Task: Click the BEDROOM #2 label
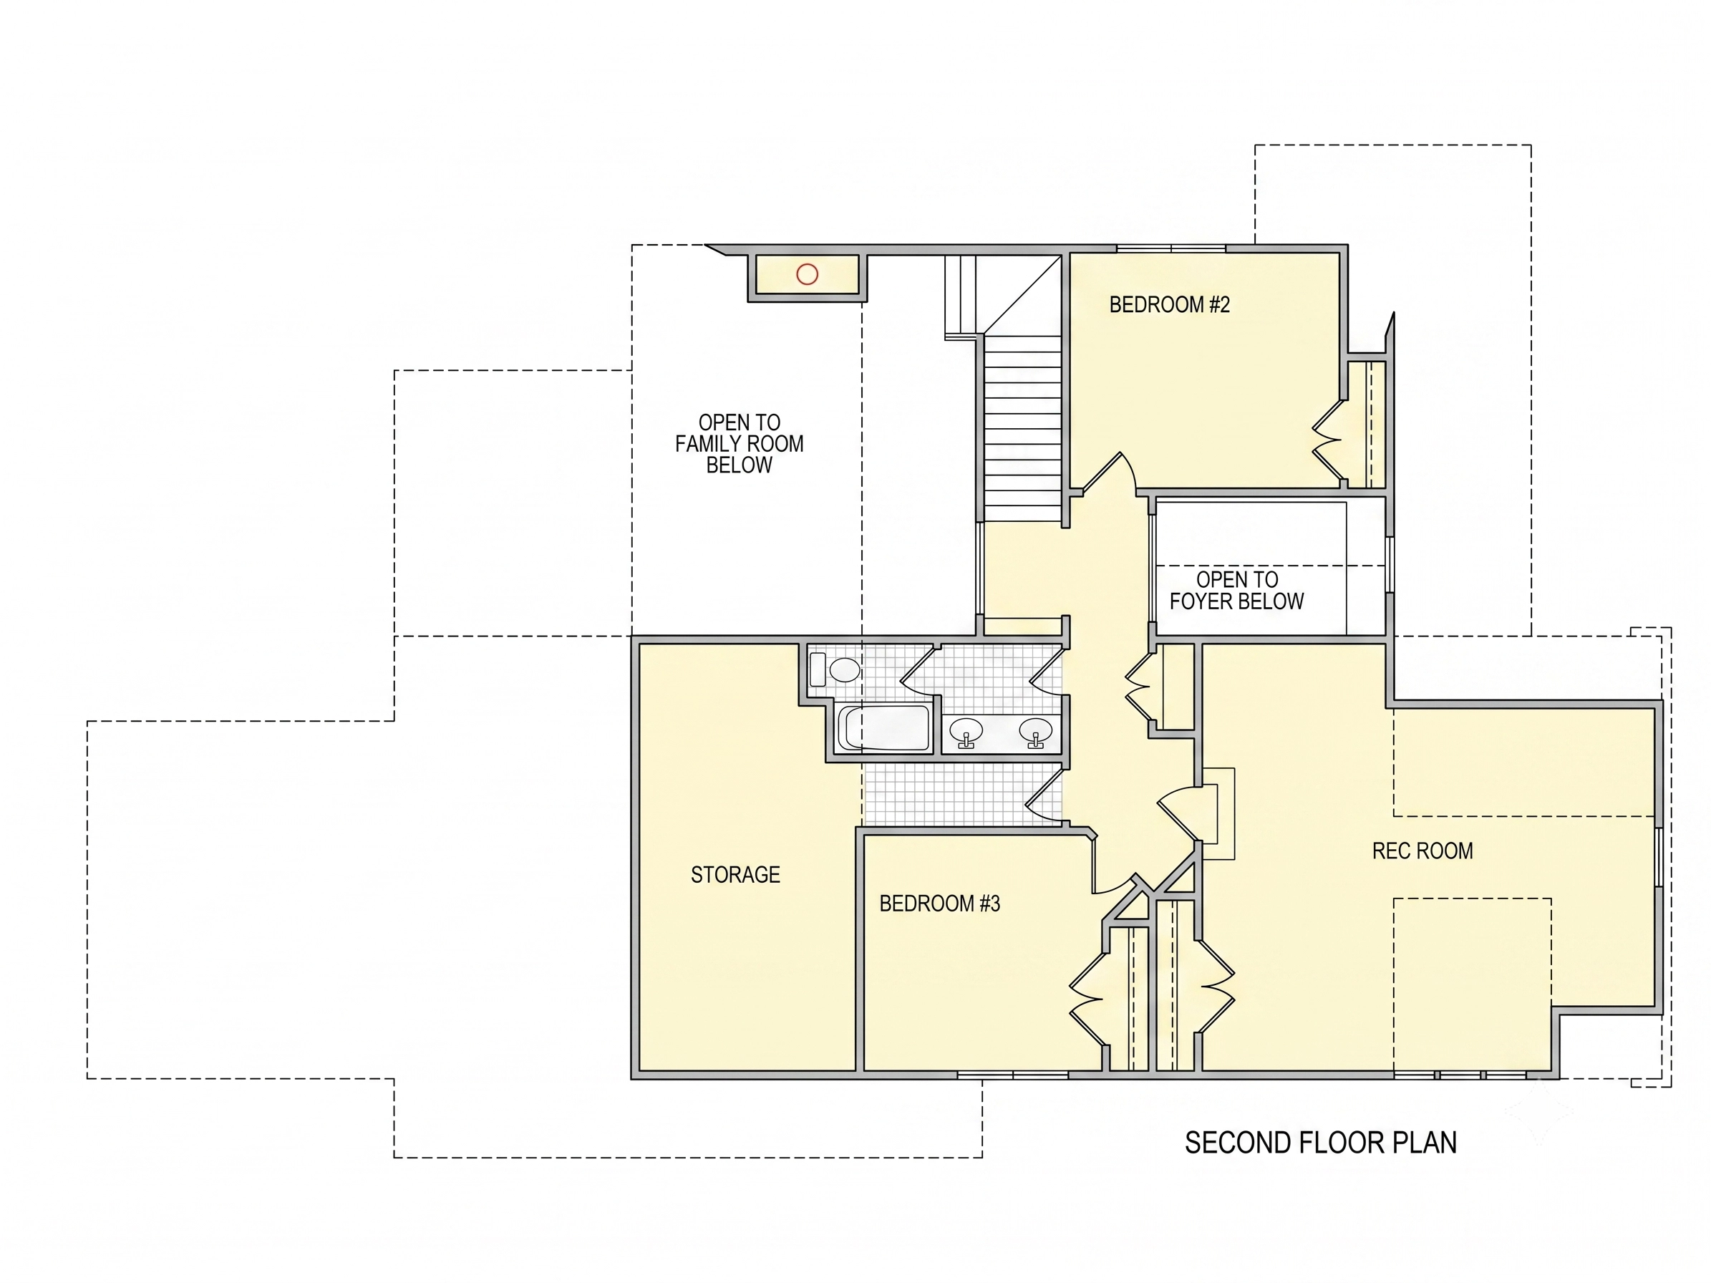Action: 1169,305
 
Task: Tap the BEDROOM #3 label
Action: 940,904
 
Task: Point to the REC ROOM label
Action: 1422,851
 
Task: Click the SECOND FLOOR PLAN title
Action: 1320,1142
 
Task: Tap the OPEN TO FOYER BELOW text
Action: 1237,590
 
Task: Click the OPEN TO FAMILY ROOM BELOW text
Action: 740,444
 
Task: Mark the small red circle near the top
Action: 807,273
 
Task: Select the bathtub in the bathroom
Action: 884,727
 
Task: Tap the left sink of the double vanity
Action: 966,732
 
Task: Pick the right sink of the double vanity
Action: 1036,732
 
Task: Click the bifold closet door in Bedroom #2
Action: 1328,440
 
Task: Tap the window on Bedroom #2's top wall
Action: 1171,248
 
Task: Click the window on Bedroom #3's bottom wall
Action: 1012,1075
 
